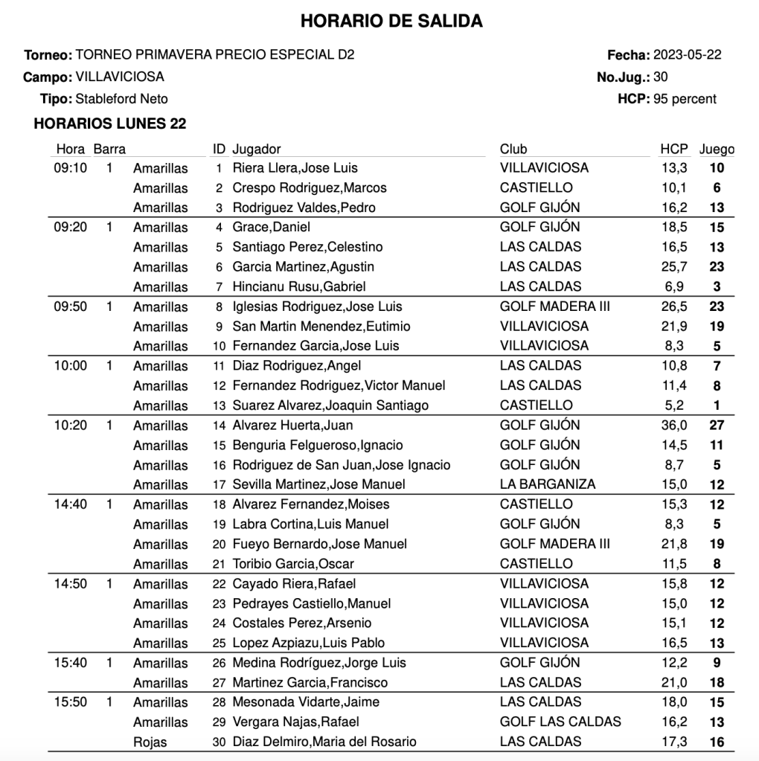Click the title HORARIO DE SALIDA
click(x=391, y=22)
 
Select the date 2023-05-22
click(x=687, y=55)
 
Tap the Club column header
click(x=513, y=150)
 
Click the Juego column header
click(x=717, y=150)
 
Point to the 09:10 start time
click(x=71, y=168)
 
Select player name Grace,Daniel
click(x=272, y=228)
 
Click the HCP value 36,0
click(x=674, y=426)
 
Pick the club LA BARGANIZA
click(x=548, y=484)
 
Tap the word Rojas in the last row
click(x=150, y=742)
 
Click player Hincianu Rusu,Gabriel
click(x=299, y=286)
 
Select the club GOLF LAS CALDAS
click(x=560, y=722)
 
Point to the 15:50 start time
click(x=71, y=702)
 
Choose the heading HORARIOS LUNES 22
click(x=110, y=124)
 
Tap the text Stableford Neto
click(x=122, y=99)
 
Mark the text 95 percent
click(x=685, y=99)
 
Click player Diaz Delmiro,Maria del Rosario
click(x=324, y=742)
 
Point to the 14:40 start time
click(x=71, y=504)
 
